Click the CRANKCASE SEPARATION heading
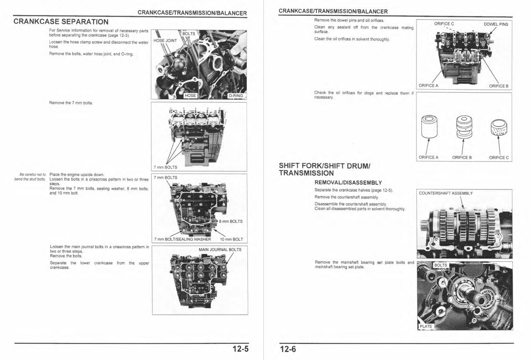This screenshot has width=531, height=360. pyautogui.click(x=61, y=22)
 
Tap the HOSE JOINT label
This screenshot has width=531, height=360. pyautogui.click(x=165, y=41)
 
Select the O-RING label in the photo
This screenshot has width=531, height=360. pyautogui.click(x=236, y=96)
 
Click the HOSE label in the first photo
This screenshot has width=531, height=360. pyautogui.click(x=190, y=96)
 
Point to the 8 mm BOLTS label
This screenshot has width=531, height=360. pyautogui.click(x=231, y=221)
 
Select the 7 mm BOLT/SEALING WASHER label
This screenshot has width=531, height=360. pyautogui.click(x=182, y=239)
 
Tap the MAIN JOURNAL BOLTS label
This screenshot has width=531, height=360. pyautogui.click(x=220, y=250)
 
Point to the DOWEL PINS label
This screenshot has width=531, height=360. pyautogui.click(x=496, y=24)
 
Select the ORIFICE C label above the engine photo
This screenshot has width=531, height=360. pyautogui.click(x=444, y=24)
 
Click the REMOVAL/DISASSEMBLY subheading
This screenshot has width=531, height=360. pyautogui.click(x=348, y=182)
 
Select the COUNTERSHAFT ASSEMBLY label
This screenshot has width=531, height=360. pyautogui.click(x=446, y=193)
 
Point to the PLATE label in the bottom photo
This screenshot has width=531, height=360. pyautogui.click(x=426, y=326)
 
